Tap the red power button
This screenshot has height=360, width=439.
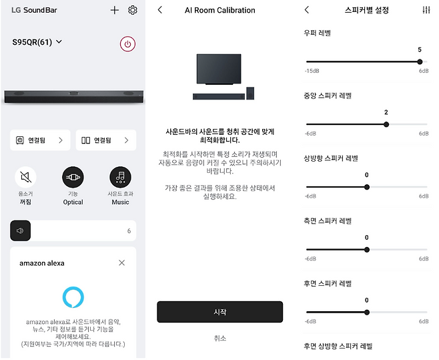(x=127, y=44)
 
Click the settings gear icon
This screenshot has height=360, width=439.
(x=132, y=10)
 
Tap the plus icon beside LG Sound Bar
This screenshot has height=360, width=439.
(x=115, y=11)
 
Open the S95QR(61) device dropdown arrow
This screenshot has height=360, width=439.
(x=59, y=42)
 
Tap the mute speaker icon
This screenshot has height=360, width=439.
(x=25, y=177)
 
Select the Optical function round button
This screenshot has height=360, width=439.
(x=73, y=177)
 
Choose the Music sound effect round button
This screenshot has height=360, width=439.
(x=120, y=177)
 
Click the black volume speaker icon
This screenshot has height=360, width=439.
(x=21, y=230)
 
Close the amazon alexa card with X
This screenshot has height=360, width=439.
(x=122, y=262)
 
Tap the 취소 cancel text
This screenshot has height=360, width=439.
(x=220, y=338)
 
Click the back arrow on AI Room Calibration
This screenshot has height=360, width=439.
(x=160, y=10)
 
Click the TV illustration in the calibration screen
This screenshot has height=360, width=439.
(x=219, y=69)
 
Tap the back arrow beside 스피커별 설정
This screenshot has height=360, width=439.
(x=307, y=10)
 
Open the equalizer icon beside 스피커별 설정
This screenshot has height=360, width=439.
(x=426, y=10)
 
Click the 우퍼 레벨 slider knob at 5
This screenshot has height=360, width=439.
(x=420, y=61)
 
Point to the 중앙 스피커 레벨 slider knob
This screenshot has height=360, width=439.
(x=386, y=124)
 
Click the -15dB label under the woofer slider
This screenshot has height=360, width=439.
(x=312, y=71)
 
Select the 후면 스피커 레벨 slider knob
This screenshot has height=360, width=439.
(x=367, y=313)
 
